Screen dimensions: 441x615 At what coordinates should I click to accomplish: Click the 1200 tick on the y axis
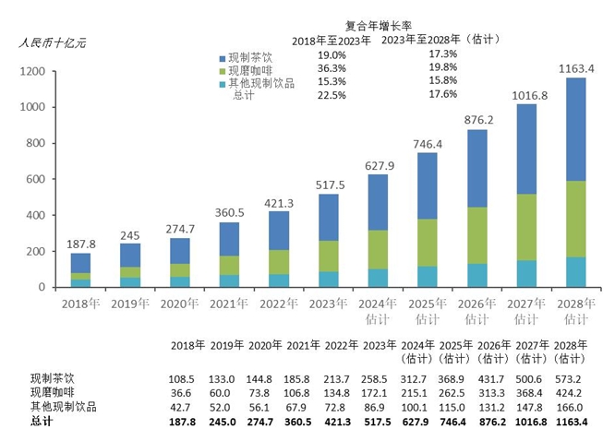click(x=32, y=71)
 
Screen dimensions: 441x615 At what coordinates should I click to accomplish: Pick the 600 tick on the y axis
click(x=35, y=179)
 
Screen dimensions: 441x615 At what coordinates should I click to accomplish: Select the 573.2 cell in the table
click(x=574, y=379)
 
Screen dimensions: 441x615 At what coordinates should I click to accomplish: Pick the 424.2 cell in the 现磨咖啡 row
click(x=574, y=393)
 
